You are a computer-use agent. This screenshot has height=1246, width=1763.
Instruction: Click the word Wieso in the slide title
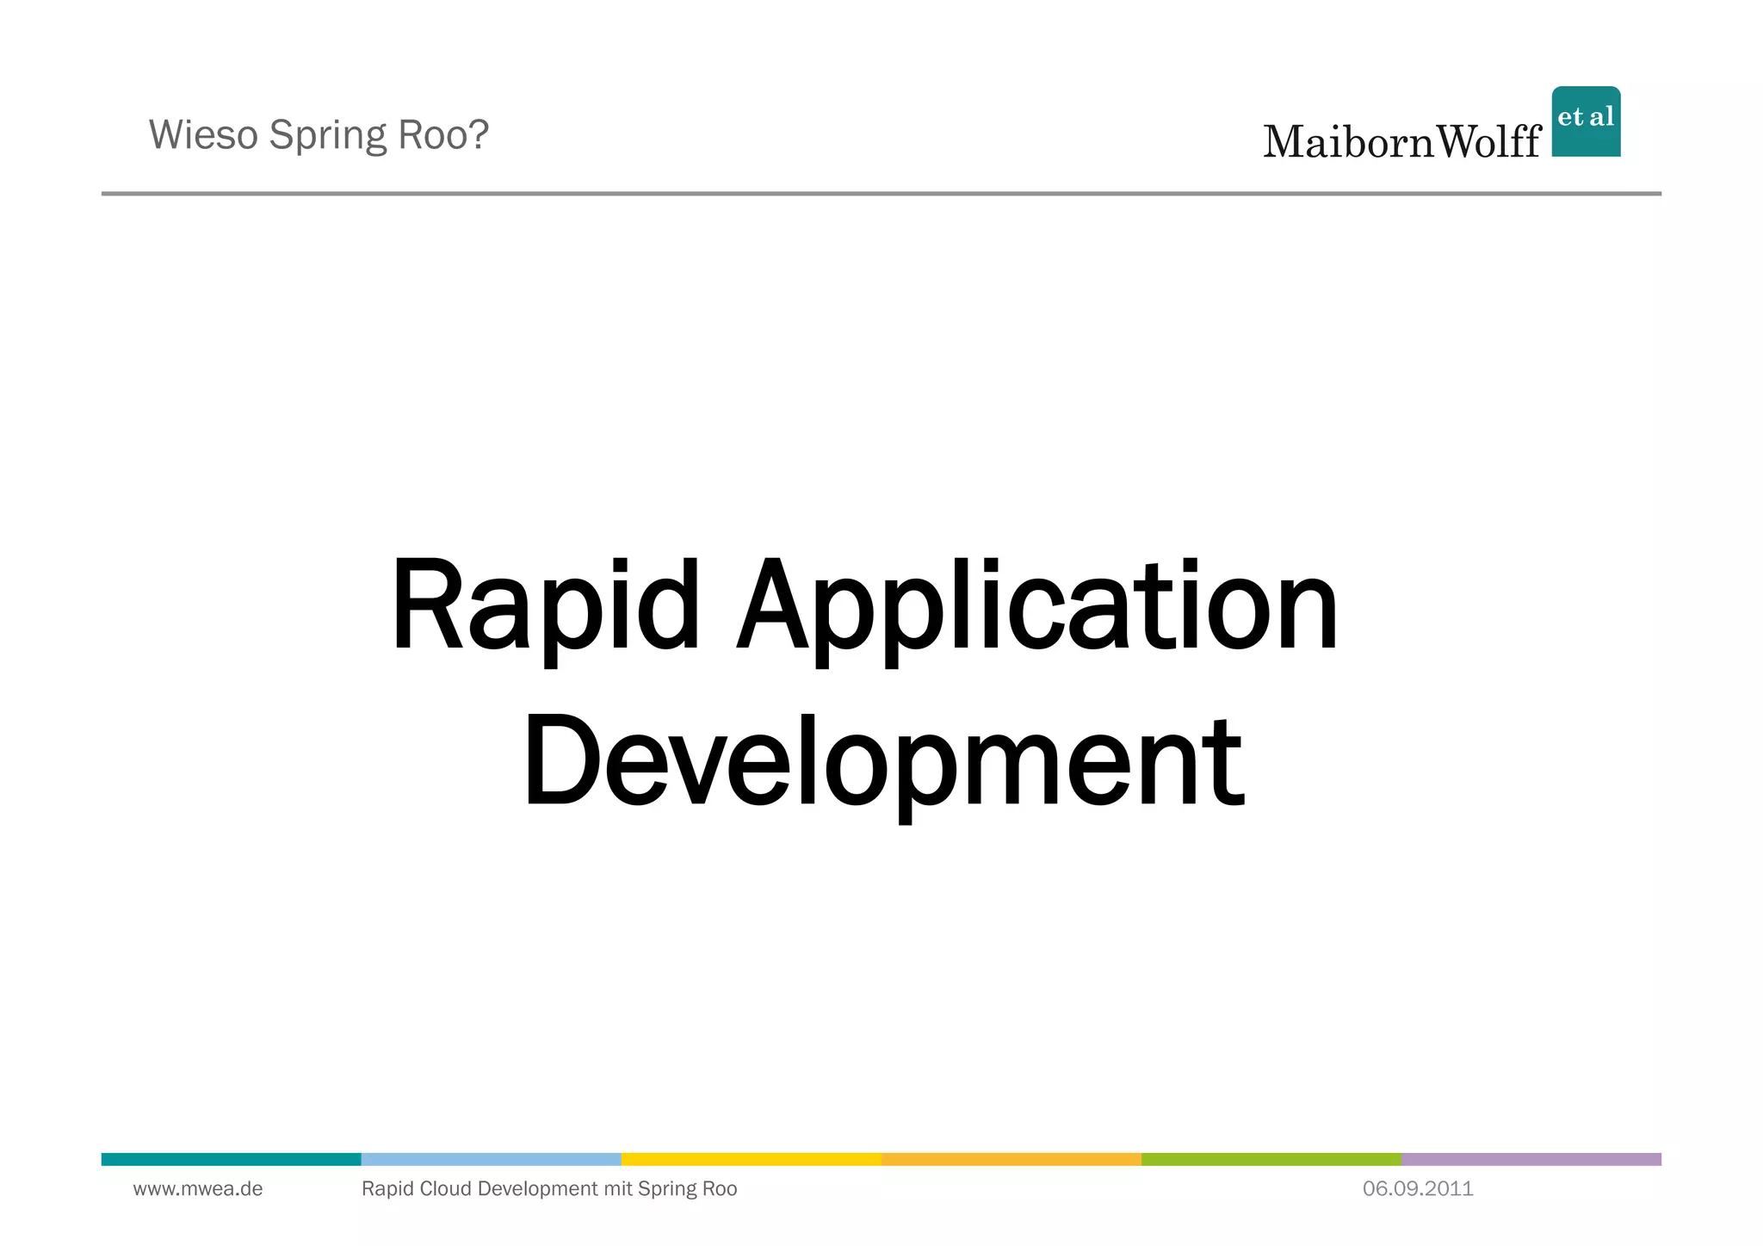[203, 135]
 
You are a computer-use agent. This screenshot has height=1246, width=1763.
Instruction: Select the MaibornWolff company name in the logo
[1401, 142]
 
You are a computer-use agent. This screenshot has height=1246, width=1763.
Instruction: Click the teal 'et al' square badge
[1586, 121]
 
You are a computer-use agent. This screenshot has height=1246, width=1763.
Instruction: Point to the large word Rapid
[545, 607]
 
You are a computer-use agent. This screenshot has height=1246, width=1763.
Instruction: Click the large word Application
[1037, 607]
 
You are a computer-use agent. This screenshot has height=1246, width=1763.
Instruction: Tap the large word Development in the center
[882, 762]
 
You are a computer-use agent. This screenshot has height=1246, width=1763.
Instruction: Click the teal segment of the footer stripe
[231, 1159]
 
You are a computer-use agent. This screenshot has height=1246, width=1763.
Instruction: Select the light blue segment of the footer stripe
[491, 1159]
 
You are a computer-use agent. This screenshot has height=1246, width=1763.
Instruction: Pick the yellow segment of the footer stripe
[751, 1159]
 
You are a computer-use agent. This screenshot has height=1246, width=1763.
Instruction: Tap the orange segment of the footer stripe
[1011, 1159]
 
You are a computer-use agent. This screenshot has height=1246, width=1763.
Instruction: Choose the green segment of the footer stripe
[1271, 1159]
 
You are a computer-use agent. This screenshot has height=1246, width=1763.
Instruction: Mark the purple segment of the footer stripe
[1531, 1159]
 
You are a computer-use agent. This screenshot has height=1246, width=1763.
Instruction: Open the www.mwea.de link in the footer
[198, 1189]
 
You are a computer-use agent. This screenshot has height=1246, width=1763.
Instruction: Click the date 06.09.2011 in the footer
[1418, 1189]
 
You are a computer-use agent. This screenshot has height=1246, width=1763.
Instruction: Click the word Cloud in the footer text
[445, 1189]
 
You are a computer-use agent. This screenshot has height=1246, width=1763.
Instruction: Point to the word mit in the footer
[618, 1189]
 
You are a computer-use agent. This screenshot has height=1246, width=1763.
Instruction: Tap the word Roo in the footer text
[719, 1189]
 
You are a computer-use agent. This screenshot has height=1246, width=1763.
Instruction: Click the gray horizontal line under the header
[881, 194]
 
